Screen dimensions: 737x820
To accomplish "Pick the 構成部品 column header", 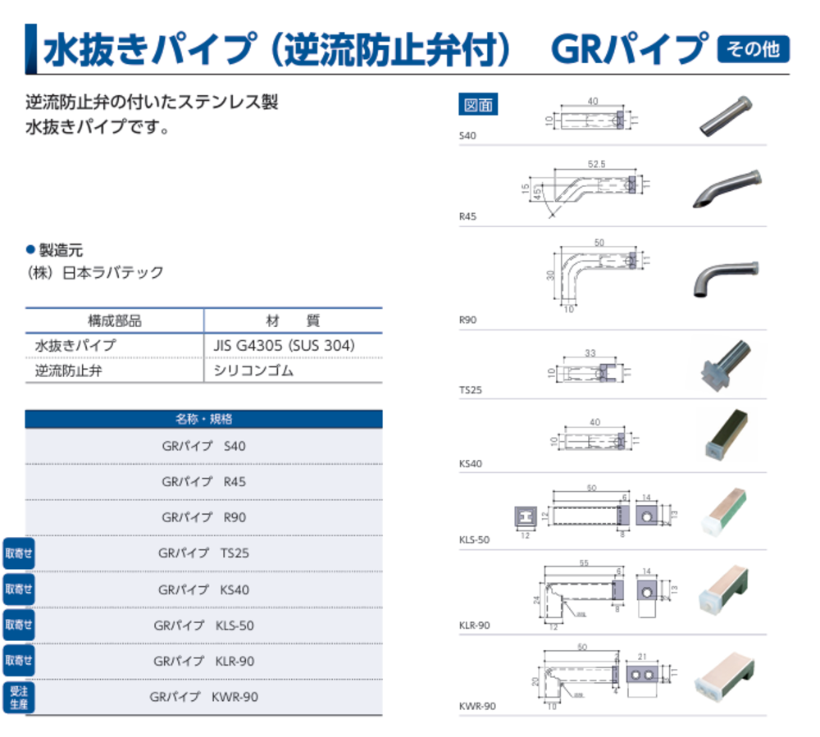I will coord(115,321).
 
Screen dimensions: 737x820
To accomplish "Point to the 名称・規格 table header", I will coord(203,419).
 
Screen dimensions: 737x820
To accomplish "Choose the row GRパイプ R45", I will coord(203,481).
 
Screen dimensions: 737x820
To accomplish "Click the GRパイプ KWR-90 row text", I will coord(203,697).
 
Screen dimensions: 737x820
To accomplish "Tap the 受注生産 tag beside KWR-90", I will coord(19,697).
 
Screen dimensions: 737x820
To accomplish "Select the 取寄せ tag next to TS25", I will coord(19,553).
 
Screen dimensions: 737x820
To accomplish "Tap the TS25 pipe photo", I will coord(727,364).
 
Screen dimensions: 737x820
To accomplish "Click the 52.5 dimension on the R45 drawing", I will coord(596,165).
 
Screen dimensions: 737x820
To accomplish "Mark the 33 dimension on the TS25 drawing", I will coord(590,353).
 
